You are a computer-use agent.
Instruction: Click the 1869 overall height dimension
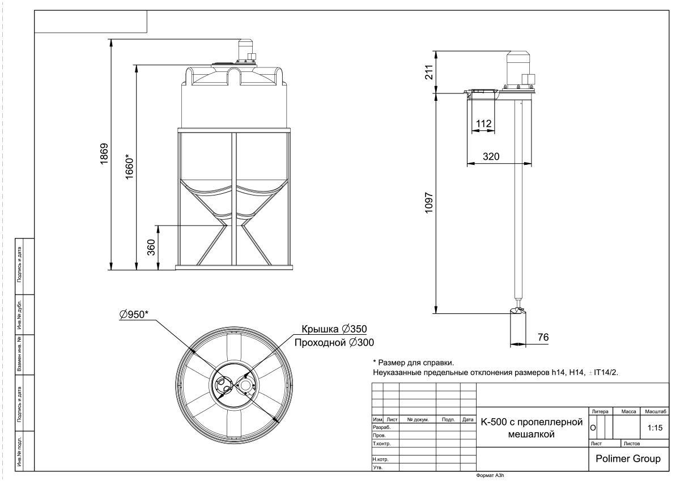[104, 154]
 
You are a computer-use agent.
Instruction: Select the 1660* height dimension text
[129, 167]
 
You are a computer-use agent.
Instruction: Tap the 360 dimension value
[151, 248]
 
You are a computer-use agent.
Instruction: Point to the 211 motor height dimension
[428, 72]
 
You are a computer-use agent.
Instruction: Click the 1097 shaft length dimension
[428, 203]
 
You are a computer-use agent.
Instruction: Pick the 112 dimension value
[483, 124]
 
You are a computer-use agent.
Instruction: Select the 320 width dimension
[491, 156]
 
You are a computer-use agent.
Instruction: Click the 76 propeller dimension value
[543, 337]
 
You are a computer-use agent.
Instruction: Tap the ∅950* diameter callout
[134, 314]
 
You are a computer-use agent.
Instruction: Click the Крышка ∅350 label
[334, 329]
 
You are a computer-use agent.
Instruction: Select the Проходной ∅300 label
[334, 343]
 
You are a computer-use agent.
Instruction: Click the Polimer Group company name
[628, 458]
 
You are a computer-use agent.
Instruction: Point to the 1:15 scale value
[655, 428]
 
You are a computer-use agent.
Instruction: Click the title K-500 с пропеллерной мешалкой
[532, 428]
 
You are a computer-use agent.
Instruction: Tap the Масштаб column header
[656, 411]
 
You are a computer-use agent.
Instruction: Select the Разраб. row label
[381, 427]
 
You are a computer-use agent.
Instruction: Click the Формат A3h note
[490, 475]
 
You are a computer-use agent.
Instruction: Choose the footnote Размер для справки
[414, 363]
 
